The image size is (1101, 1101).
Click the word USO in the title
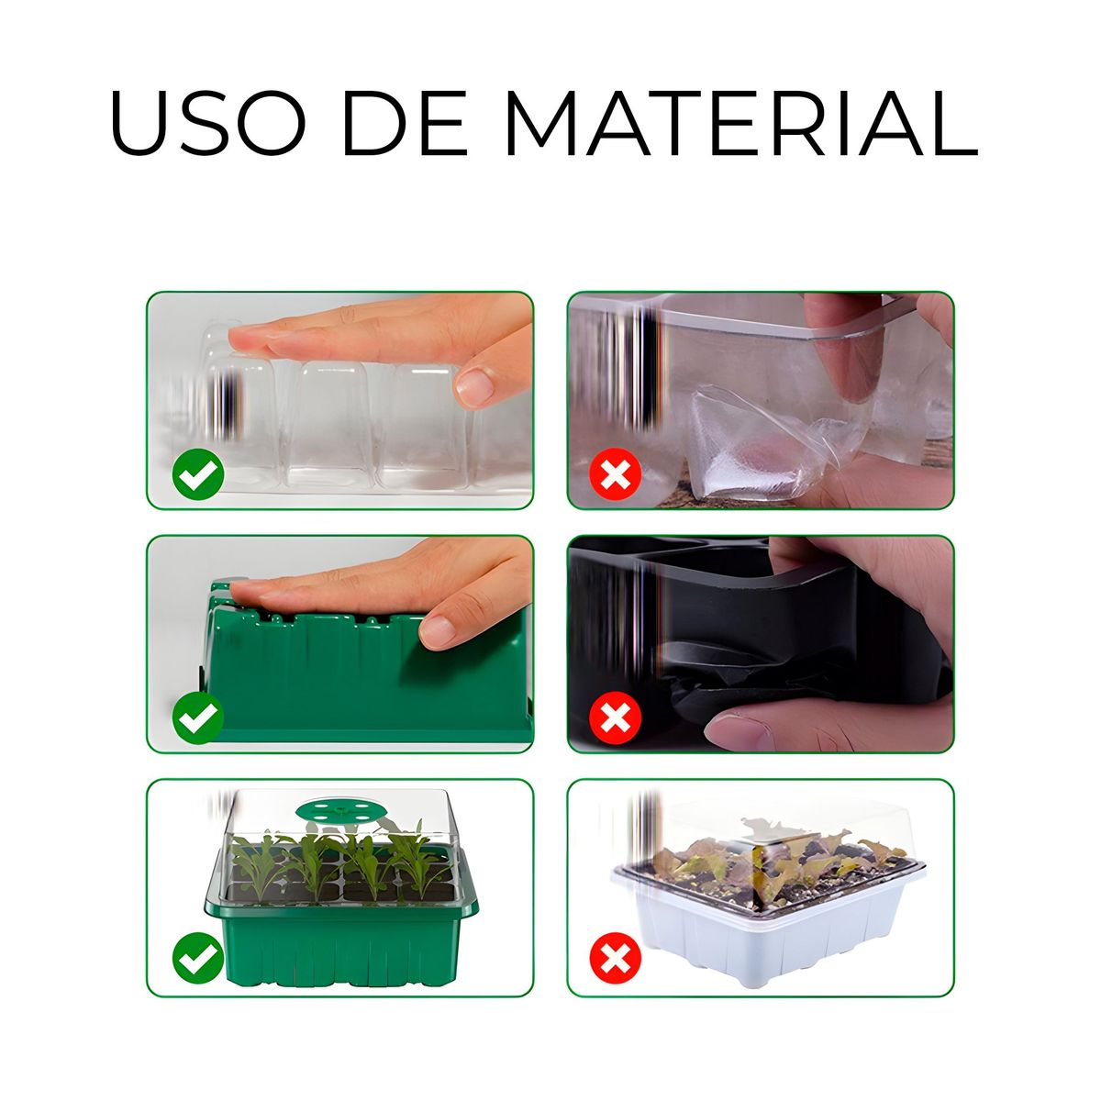208,123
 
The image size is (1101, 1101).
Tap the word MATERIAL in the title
741,123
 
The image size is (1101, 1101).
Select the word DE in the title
405,123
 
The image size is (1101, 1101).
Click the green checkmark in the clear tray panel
197,474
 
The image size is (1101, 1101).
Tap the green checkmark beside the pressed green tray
197,717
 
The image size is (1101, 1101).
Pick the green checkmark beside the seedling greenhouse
197,958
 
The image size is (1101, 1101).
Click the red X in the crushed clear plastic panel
615,474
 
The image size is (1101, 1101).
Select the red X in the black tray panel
615,717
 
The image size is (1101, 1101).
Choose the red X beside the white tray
615,958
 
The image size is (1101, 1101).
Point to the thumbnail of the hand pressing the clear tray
474,386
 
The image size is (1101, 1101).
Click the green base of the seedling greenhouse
341,937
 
